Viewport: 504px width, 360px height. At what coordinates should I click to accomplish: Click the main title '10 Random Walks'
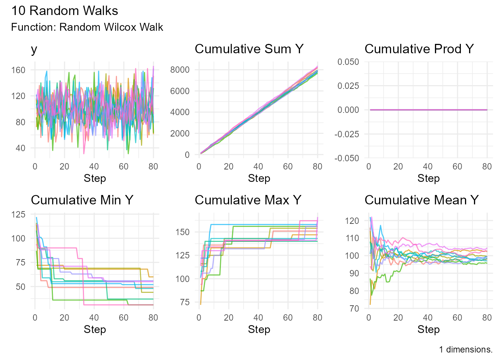[64, 11]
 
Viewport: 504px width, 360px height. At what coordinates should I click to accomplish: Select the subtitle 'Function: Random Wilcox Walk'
[87, 27]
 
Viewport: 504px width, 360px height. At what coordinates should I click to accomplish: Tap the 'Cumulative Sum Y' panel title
[249, 49]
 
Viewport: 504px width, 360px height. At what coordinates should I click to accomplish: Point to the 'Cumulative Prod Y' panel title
[419, 49]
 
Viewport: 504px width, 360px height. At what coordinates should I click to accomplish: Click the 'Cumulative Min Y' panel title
[82, 200]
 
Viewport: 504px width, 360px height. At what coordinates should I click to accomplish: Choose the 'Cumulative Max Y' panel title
[248, 200]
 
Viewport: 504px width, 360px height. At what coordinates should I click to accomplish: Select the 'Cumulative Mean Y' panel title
[421, 200]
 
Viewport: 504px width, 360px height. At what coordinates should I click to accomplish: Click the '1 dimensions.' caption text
[466, 349]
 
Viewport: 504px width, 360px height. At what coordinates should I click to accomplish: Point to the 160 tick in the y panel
[18, 70]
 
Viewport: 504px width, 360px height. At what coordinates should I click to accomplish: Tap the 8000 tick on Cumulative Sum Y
[180, 70]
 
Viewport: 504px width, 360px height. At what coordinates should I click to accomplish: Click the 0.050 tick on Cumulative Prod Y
[348, 62]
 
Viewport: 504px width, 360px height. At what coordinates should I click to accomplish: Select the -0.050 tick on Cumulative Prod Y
[346, 158]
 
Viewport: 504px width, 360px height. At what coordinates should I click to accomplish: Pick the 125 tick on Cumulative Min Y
[19, 214]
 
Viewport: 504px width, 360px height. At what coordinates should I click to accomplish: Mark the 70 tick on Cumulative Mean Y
[354, 309]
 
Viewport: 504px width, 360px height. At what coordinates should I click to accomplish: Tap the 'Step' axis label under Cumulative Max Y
[259, 330]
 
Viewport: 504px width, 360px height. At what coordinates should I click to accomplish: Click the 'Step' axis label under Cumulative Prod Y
[428, 178]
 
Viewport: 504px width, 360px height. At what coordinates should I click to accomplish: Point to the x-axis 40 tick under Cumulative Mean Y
[427, 318]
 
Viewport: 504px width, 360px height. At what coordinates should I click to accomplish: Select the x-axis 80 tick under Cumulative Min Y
[153, 318]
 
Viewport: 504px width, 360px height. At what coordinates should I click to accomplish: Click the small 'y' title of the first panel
[34, 50]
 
